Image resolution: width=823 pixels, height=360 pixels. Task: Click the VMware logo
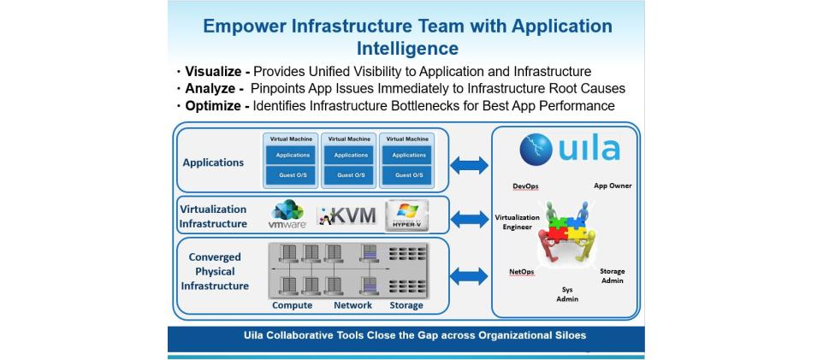point(287,215)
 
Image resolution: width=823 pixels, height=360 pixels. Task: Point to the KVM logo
point(347,215)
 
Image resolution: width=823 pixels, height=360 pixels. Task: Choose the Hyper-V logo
point(406,215)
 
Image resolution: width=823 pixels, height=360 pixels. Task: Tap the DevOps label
point(525,186)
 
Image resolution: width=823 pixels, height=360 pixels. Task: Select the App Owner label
point(613,186)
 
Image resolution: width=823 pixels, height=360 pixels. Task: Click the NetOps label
point(522,272)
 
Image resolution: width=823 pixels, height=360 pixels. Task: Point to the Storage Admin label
point(612,275)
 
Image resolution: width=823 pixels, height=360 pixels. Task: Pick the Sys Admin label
point(567,294)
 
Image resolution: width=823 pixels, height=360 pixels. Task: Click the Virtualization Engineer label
point(518,221)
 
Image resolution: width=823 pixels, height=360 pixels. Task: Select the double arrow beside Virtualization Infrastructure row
point(469,219)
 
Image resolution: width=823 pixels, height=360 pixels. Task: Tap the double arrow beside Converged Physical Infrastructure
point(469,275)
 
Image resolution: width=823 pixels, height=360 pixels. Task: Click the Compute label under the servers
point(292,305)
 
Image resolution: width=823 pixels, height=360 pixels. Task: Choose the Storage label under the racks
point(406,305)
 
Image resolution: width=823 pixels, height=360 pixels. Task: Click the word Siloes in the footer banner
point(567,335)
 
